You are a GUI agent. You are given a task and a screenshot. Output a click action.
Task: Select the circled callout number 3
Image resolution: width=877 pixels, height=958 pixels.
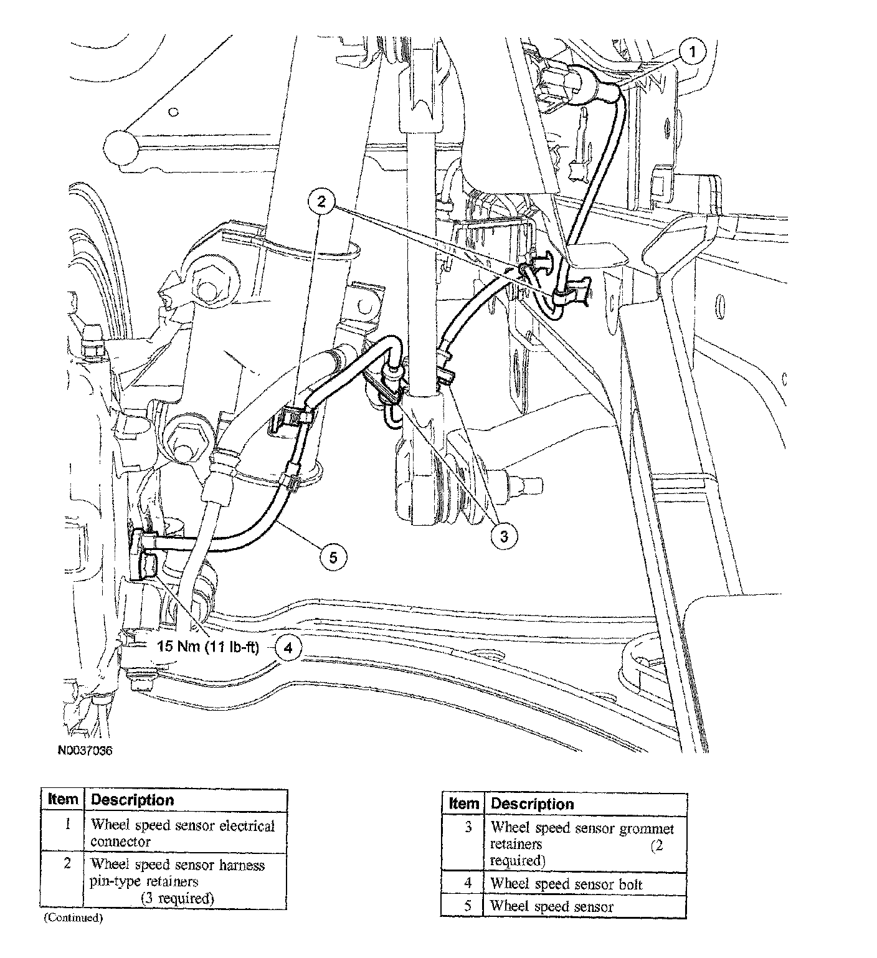click(503, 536)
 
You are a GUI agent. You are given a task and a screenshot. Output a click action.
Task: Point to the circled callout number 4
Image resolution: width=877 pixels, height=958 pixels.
click(287, 648)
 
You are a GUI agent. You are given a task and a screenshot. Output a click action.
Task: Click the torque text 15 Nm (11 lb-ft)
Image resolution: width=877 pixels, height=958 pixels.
click(207, 645)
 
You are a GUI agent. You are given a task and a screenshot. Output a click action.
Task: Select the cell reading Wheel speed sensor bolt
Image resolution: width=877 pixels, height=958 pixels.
click(566, 884)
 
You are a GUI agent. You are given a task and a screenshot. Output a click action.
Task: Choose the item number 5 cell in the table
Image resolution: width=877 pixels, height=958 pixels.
click(468, 906)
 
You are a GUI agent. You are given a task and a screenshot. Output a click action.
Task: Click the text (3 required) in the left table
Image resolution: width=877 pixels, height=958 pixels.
click(177, 898)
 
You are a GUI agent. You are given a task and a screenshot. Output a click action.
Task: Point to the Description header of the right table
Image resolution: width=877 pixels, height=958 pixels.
click(532, 804)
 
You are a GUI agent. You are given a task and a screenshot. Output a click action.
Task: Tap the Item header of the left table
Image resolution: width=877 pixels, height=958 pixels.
click(63, 800)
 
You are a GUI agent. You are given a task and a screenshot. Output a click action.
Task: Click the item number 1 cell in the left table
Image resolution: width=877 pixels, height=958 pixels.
click(67, 825)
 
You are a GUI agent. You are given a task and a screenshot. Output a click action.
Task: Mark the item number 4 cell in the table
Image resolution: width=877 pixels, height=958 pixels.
click(468, 883)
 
